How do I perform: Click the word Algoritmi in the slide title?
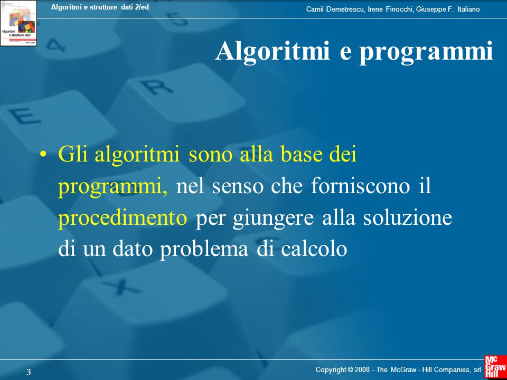tap(273, 51)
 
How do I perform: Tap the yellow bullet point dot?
tap(43, 154)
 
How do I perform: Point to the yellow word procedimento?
tap(123, 218)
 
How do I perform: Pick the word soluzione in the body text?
tap(407, 218)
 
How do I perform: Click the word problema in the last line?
tap(204, 250)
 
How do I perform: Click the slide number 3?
tap(29, 372)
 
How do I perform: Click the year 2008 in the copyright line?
tap(362, 369)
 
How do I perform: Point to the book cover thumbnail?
tap(18, 23)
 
